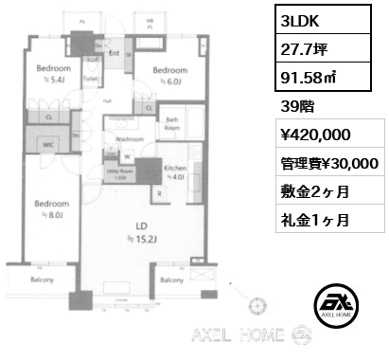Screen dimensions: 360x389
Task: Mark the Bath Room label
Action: (x=172, y=123)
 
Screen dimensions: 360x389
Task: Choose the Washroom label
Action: (x=130, y=138)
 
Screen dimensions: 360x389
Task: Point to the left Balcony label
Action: (x=41, y=280)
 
